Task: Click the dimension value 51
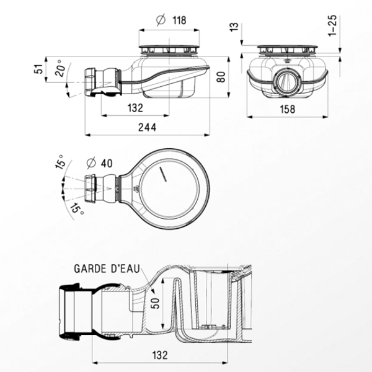[37, 69]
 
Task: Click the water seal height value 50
[155, 304]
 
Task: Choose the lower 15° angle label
[75, 208]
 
